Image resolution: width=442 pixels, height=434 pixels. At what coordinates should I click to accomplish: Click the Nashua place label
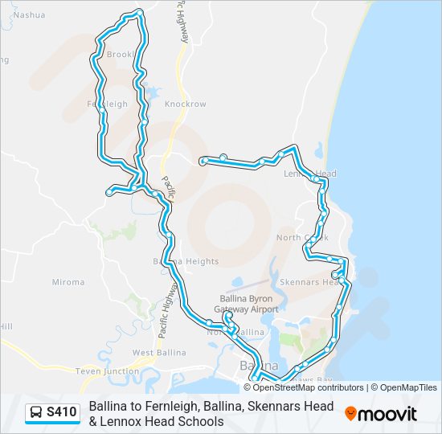coord(30,14)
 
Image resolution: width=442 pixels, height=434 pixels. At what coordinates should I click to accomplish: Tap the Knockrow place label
coord(185,104)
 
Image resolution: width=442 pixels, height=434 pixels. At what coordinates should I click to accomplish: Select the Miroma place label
coord(68,282)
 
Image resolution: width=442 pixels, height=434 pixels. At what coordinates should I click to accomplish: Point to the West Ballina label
coord(159,353)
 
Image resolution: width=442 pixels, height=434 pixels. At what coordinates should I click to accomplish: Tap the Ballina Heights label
coord(186,262)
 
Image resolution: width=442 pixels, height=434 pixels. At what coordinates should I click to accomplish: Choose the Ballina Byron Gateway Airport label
coord(249,304)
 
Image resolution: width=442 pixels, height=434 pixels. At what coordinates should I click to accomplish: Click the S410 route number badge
coord(62,413)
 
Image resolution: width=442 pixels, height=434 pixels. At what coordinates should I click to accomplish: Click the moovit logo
coord(381,414)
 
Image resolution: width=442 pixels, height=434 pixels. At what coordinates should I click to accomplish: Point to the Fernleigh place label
coord(107,104)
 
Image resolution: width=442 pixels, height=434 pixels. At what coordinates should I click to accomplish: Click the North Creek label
coord(301,238)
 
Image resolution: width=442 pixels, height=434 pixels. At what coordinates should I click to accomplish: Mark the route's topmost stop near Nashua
coord(140,12)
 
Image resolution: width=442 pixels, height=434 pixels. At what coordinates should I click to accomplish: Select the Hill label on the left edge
coord(6,326)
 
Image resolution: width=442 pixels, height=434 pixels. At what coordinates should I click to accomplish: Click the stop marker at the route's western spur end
coord(109,192)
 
